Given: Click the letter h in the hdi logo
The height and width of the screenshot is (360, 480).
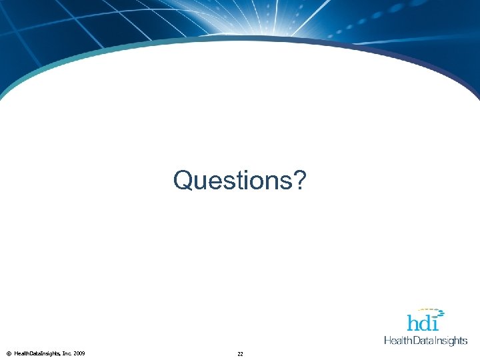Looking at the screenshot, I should click(414, 323).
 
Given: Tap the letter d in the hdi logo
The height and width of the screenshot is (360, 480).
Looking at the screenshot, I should click(428, 323).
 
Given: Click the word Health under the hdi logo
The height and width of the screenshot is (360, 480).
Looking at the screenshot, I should click(398, 341).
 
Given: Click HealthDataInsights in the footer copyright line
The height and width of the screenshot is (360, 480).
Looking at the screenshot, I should click(37, 353).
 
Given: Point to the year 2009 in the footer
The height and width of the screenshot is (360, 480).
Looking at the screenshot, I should click(79, 353).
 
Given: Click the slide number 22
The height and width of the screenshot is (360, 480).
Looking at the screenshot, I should click(240, 354).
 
